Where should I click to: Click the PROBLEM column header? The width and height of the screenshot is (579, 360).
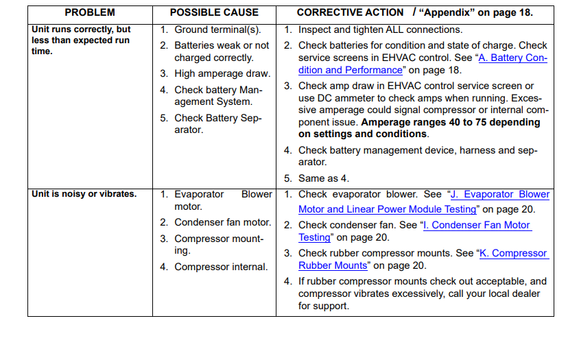90,12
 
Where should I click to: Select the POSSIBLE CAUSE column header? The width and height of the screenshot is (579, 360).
214,12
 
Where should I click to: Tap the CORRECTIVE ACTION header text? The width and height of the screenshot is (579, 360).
350,12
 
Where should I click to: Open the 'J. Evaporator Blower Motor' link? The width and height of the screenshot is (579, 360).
500,194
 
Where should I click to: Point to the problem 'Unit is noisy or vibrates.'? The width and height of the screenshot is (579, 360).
84,194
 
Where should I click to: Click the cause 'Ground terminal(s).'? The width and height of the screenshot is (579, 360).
217,29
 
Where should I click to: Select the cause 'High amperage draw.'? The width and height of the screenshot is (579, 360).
222,73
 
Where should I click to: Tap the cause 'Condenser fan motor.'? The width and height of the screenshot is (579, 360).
222,222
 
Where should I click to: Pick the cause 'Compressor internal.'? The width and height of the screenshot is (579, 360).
221,267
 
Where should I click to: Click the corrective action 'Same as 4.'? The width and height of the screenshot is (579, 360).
323,178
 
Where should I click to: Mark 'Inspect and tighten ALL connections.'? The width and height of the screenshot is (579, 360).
380,29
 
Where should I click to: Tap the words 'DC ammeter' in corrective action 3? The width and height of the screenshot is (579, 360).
343,98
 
